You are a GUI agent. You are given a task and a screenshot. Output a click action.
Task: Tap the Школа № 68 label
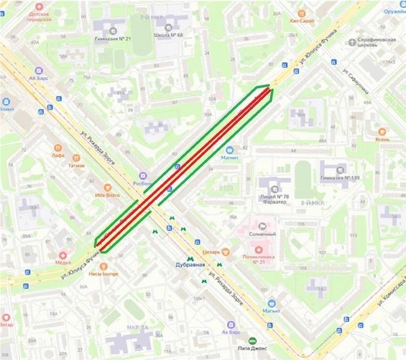tap(168, 35)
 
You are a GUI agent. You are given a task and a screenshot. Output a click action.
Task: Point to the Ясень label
tap(383, 140)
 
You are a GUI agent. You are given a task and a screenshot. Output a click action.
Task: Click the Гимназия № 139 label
tap(343, 178)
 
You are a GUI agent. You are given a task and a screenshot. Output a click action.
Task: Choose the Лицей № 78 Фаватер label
tap(274, 199)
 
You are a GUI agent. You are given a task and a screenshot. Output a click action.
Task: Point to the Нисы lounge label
tap(104, 274)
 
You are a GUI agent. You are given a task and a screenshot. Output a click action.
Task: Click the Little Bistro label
tap(107, 195)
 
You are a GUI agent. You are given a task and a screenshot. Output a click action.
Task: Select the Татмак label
tap(76, 165)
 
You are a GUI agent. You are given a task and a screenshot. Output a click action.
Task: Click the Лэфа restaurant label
tap(58, 155)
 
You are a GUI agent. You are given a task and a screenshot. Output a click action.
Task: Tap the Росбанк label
tap(141, 184)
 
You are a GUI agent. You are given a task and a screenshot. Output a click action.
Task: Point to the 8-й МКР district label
tap(313, 204)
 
